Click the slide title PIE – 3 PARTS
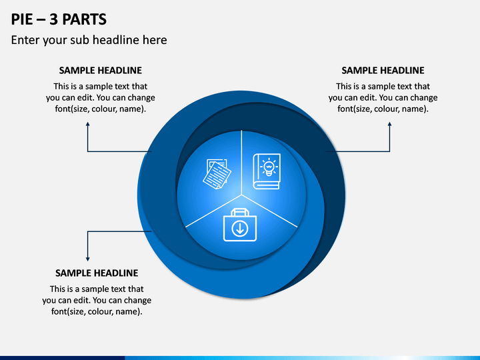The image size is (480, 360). coord(59,19)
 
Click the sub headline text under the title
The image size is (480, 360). coord(89,40)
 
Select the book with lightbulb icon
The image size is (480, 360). coord(266,171)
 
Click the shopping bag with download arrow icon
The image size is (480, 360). coord(240,225)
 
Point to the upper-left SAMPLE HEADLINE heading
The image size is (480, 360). coord(101,71)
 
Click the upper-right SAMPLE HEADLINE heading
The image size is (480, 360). coord(383,71)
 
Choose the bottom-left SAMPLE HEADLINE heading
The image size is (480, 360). coord(97,273)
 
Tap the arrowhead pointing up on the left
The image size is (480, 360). coord(88,124)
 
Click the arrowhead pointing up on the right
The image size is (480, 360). coord(390,124)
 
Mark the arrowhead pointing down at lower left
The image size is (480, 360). coord(88,259)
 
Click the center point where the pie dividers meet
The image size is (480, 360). coord(241,195)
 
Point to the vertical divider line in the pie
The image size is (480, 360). coord(241,163)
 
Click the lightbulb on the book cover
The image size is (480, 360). coord(269,167)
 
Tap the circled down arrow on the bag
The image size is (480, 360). coord(240,229)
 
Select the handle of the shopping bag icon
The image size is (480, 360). coord(240,211)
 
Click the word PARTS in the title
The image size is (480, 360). coord(85,19)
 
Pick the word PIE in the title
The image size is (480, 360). coord(22,19)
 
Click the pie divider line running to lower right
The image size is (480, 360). coord(269,211)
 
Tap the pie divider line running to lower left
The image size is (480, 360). coord(214,211)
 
